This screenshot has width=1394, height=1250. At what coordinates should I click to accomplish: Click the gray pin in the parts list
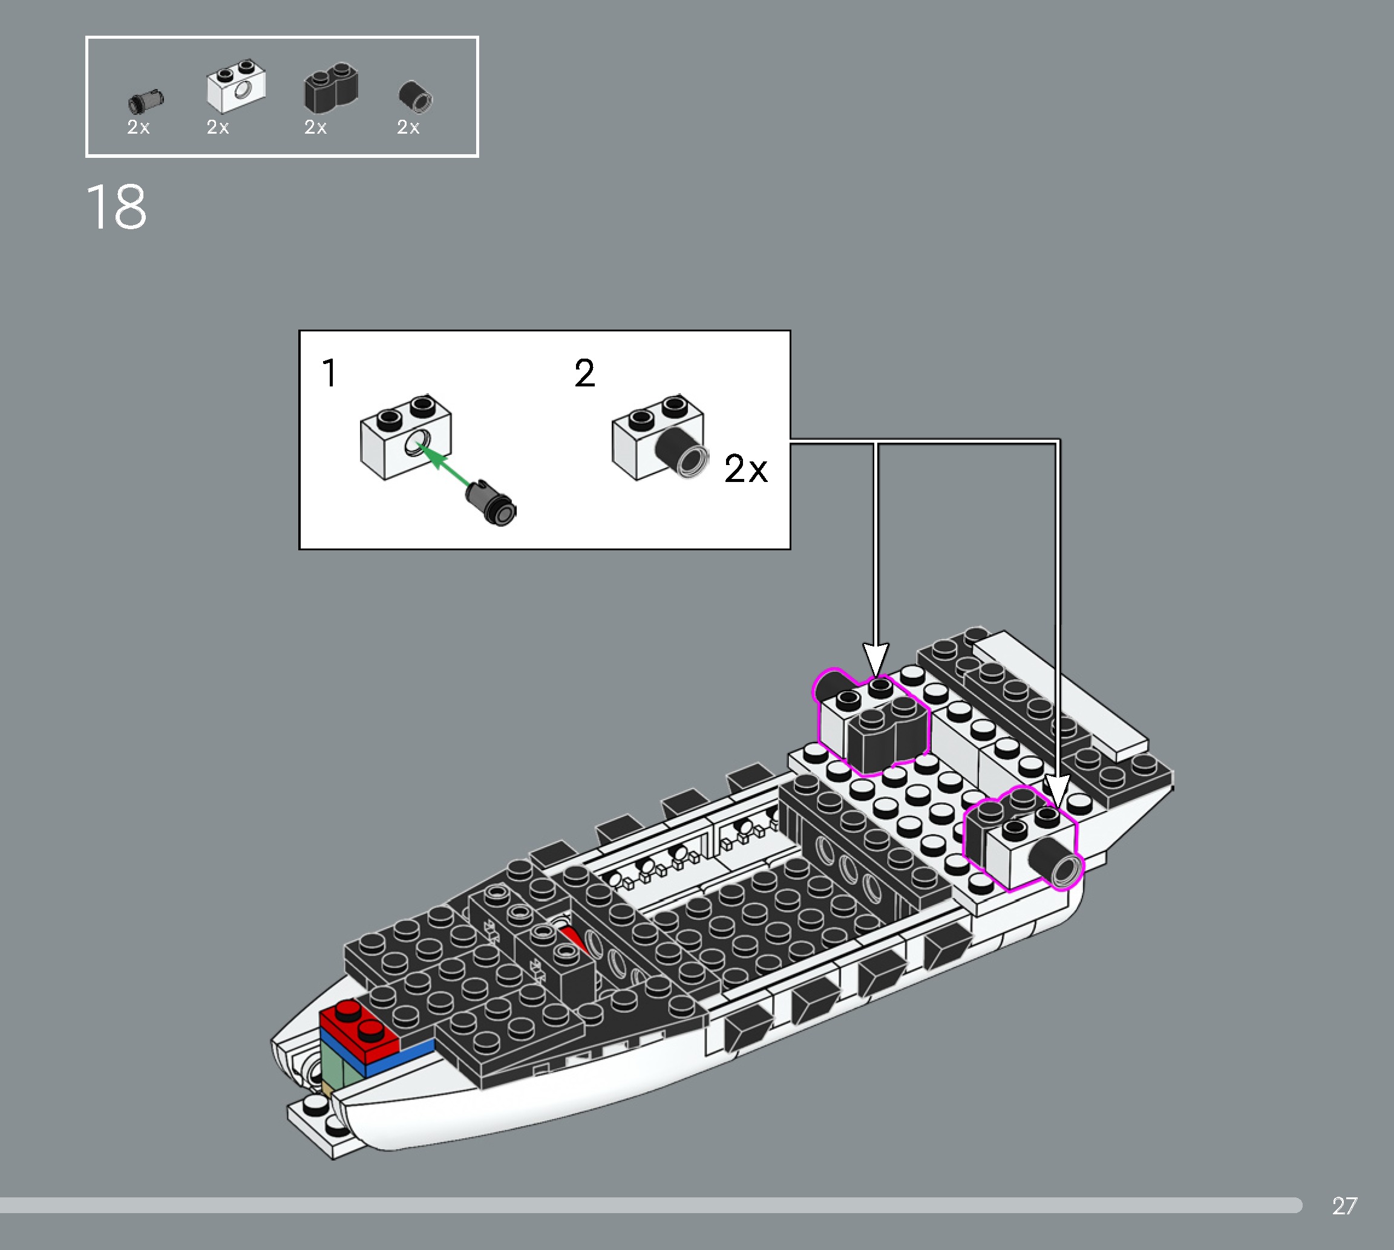click(x=145, y=101)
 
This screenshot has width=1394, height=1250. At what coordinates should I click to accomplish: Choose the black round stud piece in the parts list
click(x=415, y=96)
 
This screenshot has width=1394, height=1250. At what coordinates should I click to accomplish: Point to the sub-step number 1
click(x=329, y=374)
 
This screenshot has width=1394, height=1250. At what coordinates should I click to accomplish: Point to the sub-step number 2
click(x=584, y=374)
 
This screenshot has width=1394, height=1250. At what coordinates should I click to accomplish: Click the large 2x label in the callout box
click(x=745, y=469)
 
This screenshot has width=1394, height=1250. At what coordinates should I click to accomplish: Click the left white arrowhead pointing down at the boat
click(x=875, y=660)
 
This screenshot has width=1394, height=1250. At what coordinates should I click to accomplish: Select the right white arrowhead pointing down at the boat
click(x=1056, y=791)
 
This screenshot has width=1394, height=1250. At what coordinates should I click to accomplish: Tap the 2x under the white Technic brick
click(x=218, y=127)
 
